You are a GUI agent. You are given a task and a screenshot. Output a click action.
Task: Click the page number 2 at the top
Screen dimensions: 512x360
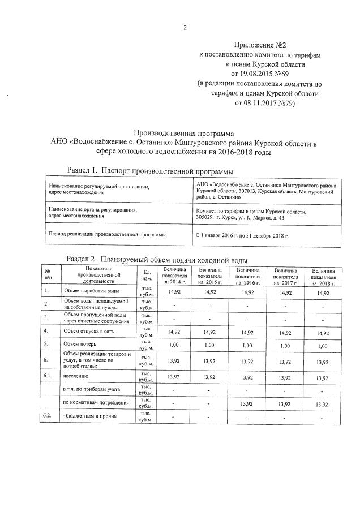click(185, 27)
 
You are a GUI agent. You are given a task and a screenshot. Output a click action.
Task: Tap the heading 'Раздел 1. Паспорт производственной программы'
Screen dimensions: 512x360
click(150, 170)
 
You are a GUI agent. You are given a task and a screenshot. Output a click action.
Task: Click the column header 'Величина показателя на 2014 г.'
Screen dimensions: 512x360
click(174, 276)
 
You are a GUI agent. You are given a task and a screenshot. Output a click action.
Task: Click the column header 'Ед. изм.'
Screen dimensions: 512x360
click(147, 276)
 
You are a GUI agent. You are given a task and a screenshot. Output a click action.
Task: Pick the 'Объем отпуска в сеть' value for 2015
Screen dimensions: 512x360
click(209, 331)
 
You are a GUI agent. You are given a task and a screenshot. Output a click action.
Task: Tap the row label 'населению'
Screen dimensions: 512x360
click(77, 376)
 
